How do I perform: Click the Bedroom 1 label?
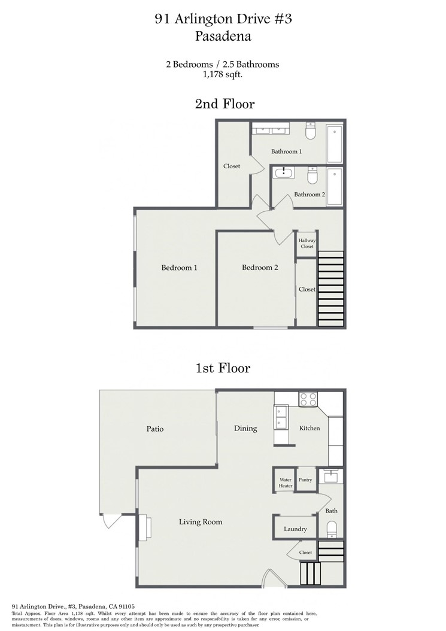(179, 268)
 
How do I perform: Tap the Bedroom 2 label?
(260, 268)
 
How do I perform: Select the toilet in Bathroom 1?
(310, 131)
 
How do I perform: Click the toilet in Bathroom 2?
(312, 175)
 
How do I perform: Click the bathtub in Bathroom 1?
(335, 144)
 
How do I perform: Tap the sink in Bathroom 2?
(285, 173)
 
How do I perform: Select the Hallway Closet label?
(307, 244)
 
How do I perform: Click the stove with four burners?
(308, 399)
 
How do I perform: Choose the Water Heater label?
(286, 483)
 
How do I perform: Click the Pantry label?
(305, 480)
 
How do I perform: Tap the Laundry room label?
(296, 529)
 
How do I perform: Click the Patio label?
(155, 429)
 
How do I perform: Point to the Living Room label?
(201, 522)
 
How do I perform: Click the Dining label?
(245, 429)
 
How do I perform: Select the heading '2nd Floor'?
(224, 104)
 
